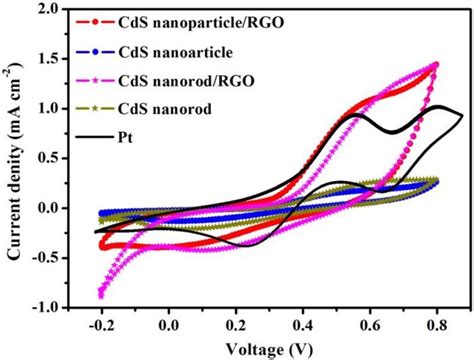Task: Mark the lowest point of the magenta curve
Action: (x=101, y=295)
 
